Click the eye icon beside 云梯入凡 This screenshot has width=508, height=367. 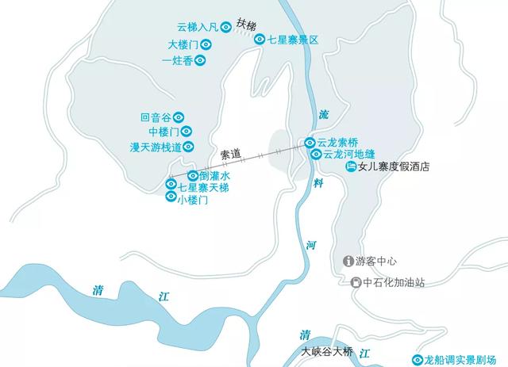pos(226,27)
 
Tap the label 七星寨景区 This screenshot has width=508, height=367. pos(293,39)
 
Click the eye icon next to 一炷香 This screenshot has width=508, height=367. pos(202,59)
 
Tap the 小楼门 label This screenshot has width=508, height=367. pos(192,201)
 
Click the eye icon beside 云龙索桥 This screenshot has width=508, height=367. pos(310,143)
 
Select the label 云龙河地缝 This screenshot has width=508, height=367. pos(348,154)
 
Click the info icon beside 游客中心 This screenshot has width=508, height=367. pos(348,261)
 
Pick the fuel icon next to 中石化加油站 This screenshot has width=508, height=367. pos(356,282)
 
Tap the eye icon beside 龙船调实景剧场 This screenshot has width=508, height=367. pos(407,359)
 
